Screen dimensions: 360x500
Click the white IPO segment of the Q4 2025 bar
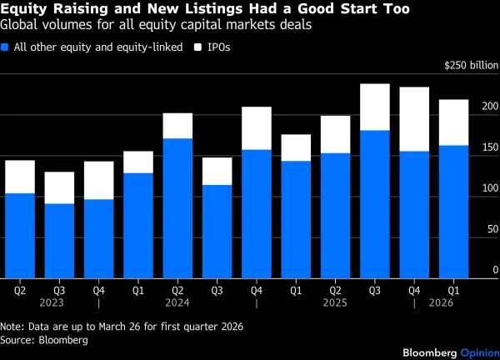point(414,119)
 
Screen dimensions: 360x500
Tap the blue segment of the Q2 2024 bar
point(177,208)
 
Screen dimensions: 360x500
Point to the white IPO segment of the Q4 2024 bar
point(257,128)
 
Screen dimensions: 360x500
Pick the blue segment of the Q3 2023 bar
point(59,241)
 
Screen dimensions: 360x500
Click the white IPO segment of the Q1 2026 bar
point(454,122)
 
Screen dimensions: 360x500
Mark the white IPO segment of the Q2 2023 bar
point(20,177)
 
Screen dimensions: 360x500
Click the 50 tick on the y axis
point(487,230)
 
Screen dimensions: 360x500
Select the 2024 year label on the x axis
point(177,304)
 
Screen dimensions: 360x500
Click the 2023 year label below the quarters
point(59,304)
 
